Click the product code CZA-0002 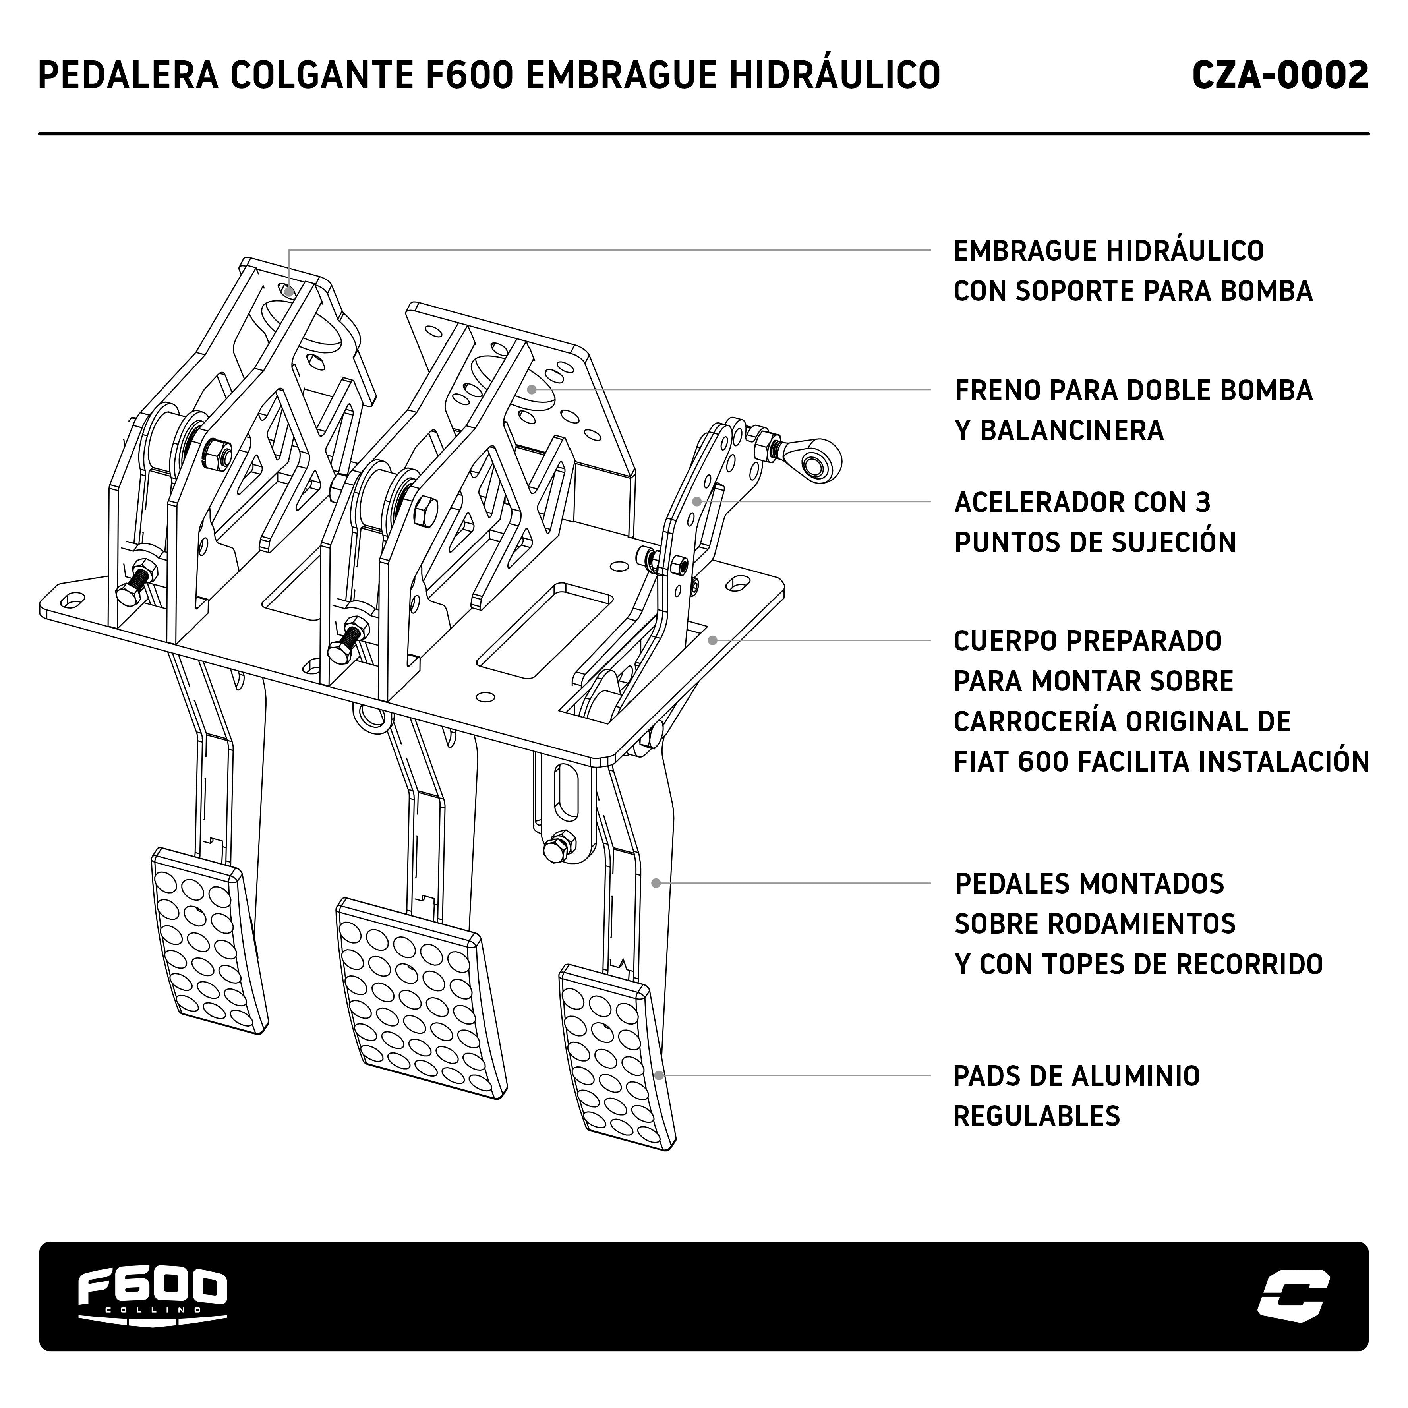point(1280,76)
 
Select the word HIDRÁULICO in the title point(835,76)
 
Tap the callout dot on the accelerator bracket point(697,501)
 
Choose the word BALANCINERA point(1071,431)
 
